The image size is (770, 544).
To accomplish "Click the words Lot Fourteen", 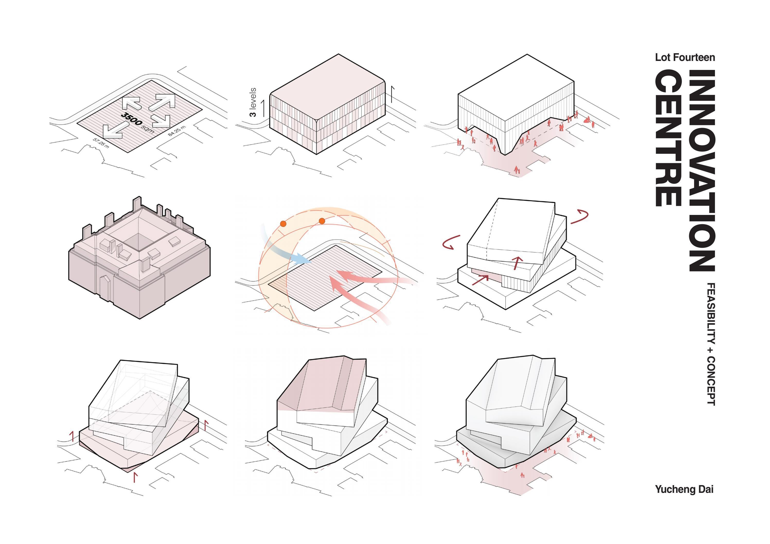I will pyautogui.click(x=685, y=58).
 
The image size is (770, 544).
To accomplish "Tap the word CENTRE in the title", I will pyautogui.click(x=668, y=138).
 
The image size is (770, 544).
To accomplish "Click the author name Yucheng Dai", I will pyautogui.click(x=684, y=489).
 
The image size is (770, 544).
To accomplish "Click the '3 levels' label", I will pyautogui.click(x=253, y=102).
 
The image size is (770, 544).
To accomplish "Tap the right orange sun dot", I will pyautogui.click(x=322, y=221).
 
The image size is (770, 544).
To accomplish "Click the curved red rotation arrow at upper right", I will pyautogui.click(x=580, y=217).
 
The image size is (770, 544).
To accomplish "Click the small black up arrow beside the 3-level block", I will pyautogui.click(x=392, y=94).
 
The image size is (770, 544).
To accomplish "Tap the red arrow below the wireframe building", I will pyautogui.click(x=135, y=477).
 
